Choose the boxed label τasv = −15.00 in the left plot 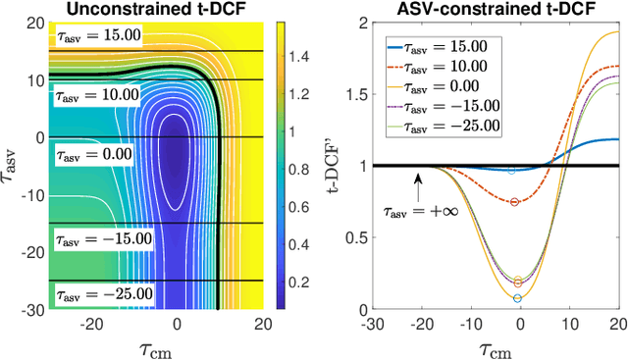point(103,237)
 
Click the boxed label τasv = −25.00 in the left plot point(103,293)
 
